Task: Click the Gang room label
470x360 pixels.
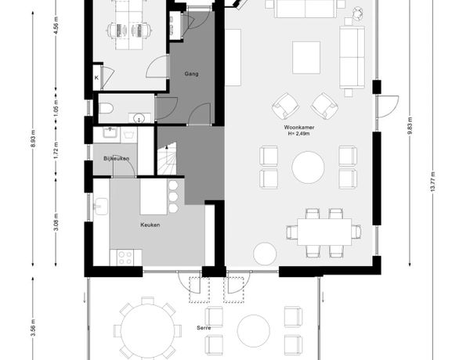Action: (191, 74)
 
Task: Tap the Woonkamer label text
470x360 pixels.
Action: (299, 128)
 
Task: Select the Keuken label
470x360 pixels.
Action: (150, 225)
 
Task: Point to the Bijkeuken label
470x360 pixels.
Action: (116, 158)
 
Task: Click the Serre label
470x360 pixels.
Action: (204, 328)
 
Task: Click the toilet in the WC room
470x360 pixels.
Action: (106, 109)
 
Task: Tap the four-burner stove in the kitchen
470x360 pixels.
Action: (125, 258)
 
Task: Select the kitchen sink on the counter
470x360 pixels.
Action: (101, 207)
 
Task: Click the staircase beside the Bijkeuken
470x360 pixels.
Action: (167, 159)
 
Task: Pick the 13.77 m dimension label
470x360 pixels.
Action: (432, 182)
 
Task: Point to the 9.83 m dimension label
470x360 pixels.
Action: (410, 126)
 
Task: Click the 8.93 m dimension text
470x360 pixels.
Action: (33, 138)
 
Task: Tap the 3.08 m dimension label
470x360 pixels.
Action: (56, 222)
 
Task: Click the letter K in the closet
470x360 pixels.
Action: (96, 77)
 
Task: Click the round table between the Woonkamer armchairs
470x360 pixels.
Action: (308, 167)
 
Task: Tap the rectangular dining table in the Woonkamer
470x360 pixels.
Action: (324, 232)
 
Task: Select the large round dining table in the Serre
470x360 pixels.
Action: (148, 330)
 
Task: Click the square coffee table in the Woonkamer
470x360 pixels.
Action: (306, 57)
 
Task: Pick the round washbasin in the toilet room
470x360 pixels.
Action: (139, 117)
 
